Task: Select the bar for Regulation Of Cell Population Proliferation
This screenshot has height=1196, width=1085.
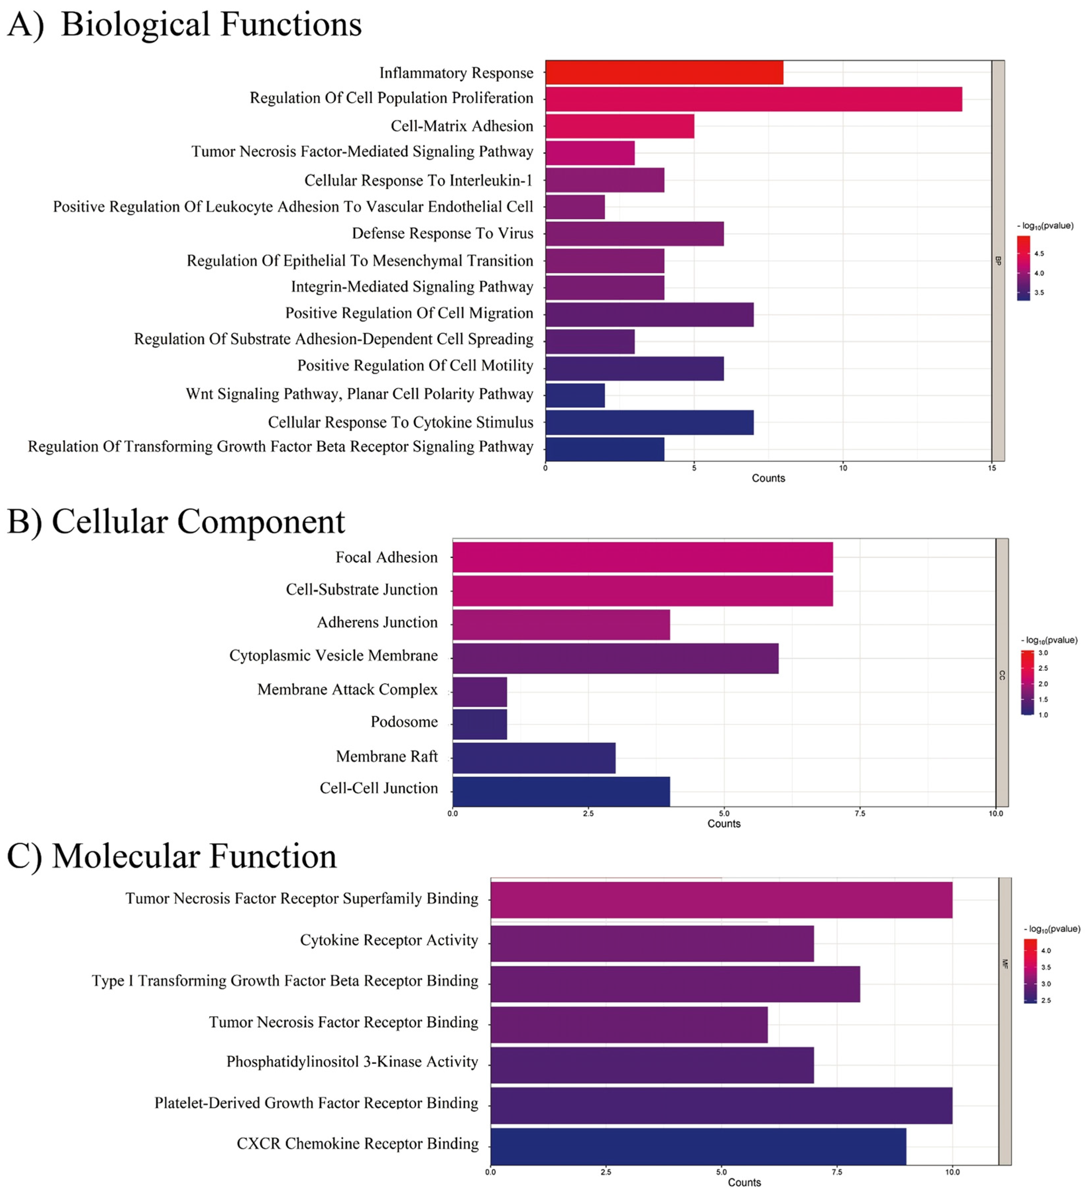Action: pos(753,99)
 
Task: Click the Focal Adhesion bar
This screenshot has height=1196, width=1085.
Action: pos(642,557)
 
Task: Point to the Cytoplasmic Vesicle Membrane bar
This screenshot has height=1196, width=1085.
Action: pos(615,658)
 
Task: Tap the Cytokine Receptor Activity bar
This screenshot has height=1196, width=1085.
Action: pos(652,943)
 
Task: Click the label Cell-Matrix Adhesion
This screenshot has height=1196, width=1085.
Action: pos(462,126)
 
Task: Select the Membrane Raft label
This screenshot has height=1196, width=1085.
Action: pos(387,756)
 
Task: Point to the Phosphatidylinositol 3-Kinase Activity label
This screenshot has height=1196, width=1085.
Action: pos(352,1061)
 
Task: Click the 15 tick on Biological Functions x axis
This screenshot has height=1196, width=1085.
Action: pos(992,468)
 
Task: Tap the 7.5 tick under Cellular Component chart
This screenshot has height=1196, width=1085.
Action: pos(860,813)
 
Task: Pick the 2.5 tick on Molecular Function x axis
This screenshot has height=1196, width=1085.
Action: pos(605,1172)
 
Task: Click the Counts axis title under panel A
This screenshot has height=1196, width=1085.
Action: pos(768,478)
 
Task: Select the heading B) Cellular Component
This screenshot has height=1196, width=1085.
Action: pos(176,522)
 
